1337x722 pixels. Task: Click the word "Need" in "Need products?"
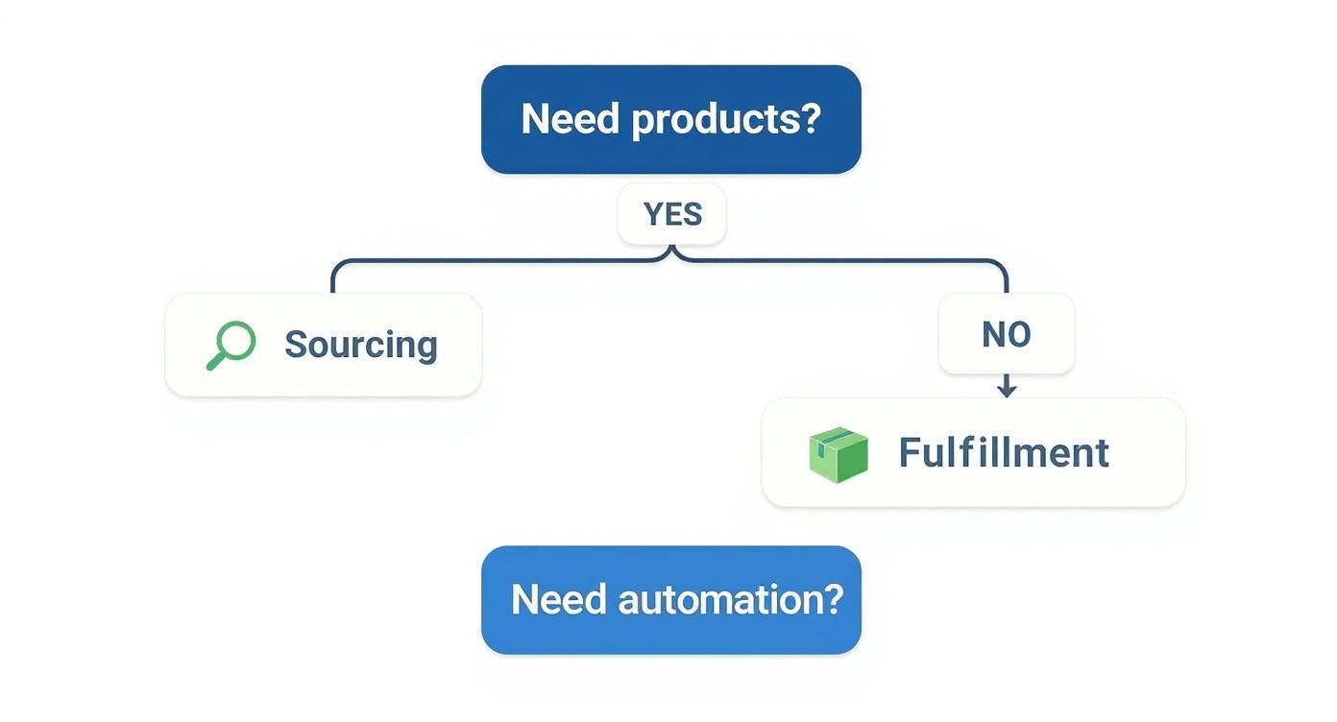[571, 119]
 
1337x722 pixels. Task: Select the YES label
[672, 214]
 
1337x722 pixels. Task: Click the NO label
[1006, 334]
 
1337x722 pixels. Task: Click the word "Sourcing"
[361, 345]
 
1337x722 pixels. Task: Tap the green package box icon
[839, 453]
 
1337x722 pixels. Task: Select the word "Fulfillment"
[1004, 453]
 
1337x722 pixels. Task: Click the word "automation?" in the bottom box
[730, 600]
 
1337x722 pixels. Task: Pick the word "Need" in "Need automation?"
[559, 600]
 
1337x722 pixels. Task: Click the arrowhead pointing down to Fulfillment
[1006, 390]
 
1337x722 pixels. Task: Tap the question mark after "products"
[811, 119]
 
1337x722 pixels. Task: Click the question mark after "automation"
[832, 600]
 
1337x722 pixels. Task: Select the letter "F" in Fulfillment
[909, 453]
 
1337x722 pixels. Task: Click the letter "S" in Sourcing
[295, 345]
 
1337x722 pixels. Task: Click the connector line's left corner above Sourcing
[335, 265]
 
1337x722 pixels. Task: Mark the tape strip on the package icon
[832, 438]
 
